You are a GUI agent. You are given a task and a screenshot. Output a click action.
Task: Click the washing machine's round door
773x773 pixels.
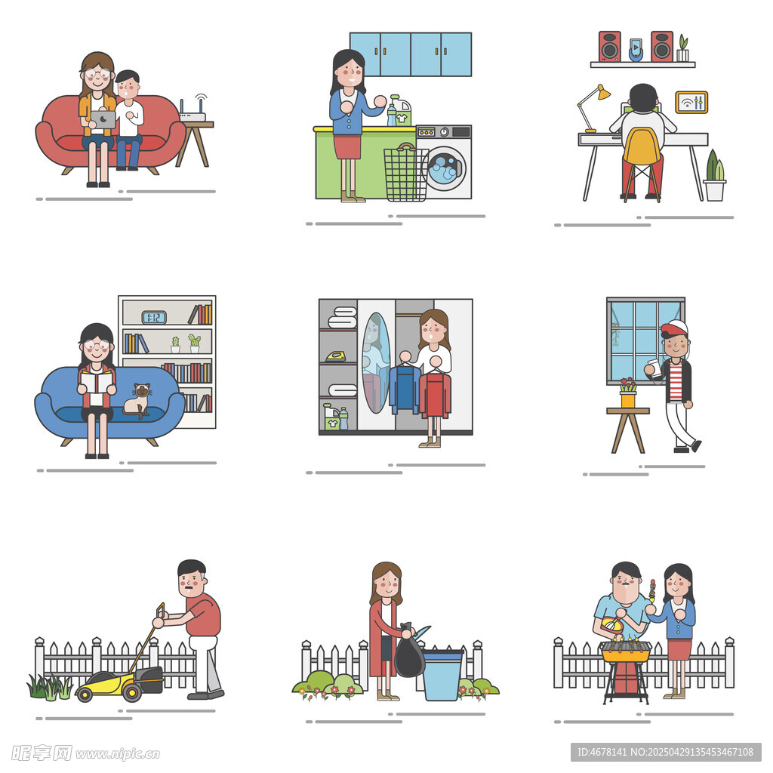pos(445,168)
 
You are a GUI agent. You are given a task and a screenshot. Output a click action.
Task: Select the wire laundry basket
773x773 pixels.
pos(405,173)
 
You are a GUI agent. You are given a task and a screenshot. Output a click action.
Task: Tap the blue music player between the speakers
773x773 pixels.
pos(636,50)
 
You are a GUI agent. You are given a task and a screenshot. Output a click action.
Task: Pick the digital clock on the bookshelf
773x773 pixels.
pos(154,317)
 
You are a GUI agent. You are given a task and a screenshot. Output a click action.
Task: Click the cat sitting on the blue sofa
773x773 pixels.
pos(137,400)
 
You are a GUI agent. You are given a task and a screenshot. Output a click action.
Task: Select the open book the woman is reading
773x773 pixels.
pos(97,383)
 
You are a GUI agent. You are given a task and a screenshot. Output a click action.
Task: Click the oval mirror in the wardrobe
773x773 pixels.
pos(377,363)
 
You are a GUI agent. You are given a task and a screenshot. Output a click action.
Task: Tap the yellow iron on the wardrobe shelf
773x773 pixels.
pos(336,356)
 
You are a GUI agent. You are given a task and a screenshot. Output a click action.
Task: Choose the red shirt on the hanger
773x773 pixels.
pos(435,395)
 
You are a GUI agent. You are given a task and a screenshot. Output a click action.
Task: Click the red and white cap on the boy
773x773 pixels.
pos(674,328)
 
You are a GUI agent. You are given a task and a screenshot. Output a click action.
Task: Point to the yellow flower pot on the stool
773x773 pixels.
pos(628,399)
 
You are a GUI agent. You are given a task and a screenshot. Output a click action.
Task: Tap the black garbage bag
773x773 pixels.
pos(409,651)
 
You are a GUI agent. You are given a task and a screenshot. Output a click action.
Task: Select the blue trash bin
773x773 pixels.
pos(442,675)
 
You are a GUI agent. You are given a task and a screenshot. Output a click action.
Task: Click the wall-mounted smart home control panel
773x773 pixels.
pos(691,103)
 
